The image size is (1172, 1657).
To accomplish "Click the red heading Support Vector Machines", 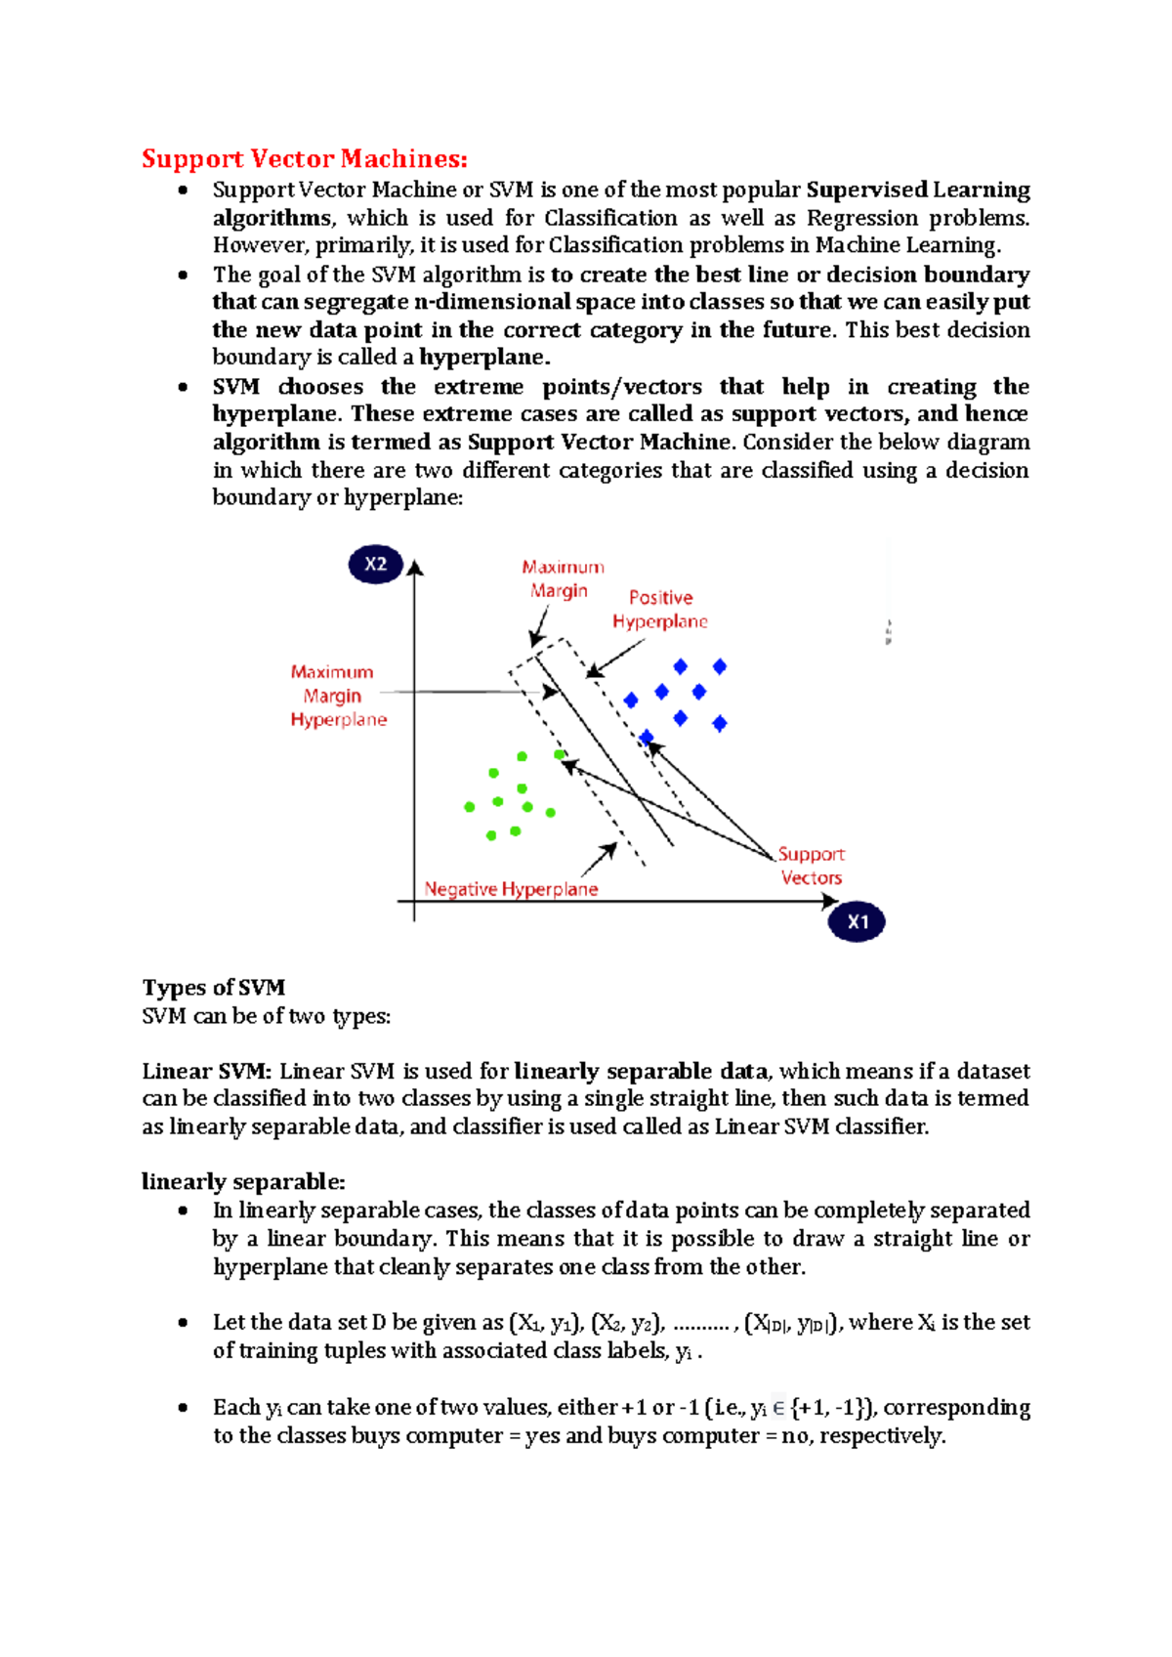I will point(305,158).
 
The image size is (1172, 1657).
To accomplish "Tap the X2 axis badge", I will point(376,564).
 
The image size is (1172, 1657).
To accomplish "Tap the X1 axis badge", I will point(857,921).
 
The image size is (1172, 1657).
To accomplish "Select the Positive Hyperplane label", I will point(660,610).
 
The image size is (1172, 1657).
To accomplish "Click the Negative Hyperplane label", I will point(511,889).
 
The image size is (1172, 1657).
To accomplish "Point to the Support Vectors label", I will point(811,866).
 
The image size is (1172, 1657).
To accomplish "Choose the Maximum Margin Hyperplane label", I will point(338,696).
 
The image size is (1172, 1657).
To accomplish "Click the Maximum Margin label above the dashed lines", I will point(562,578).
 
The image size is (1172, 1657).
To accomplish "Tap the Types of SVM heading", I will point(214,988).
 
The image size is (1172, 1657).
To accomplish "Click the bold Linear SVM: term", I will point(206,1071).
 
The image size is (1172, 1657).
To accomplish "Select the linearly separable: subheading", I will point(243,1181).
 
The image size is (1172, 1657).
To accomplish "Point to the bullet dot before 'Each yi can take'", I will point(183,1408).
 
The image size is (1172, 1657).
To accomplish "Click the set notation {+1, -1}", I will point(830,1408).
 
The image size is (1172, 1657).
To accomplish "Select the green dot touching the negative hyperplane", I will point(560,754).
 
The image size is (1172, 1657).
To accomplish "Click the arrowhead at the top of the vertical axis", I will point(415,568).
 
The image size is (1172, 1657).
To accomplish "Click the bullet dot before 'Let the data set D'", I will point(183,1323).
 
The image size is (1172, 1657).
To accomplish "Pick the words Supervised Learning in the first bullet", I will point(917,190).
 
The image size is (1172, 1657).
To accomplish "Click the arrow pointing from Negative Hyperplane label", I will point(600,860).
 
